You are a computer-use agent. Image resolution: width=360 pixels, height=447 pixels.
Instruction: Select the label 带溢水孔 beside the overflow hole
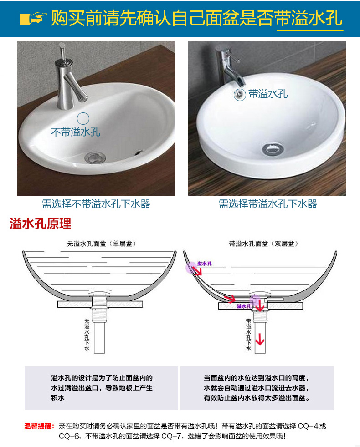tap(268, 94)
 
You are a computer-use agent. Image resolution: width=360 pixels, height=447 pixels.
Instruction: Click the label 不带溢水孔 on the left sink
tap(75, 132)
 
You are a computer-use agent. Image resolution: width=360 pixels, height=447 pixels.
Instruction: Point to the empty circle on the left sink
tap(83, 118)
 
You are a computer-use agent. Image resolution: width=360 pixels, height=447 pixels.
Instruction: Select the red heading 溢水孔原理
tap(41, 224)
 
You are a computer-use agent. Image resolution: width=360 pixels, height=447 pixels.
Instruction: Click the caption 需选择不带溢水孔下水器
tap(96, 203)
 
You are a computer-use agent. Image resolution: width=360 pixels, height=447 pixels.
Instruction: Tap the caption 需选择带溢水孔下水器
tap(267, 203)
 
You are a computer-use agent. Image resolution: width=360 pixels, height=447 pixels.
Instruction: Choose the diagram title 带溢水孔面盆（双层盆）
tap(265, 244)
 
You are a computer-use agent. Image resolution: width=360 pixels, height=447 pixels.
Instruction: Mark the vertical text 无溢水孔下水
tap(87, 335)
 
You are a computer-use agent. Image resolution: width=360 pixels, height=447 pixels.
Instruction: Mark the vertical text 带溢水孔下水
tap(248, 335)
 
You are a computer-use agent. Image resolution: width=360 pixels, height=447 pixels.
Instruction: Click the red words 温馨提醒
tap(39, 427)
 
